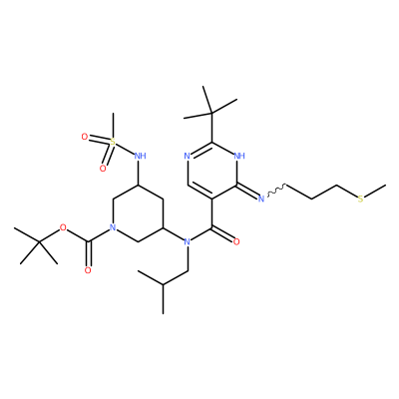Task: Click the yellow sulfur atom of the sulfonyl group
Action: pos(113,142)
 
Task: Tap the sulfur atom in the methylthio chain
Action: pos(361,199)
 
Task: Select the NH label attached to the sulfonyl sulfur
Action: pos(140,156)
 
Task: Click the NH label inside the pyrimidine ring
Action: pos(239,156)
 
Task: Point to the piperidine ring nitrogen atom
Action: pos(113,227)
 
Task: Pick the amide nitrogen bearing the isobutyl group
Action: pos(187,241)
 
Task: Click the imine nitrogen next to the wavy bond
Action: pos(261,199)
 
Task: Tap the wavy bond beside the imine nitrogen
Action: pos(275,190)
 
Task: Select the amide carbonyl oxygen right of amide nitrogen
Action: pos(236,241)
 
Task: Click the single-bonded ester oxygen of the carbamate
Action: pos(63,227)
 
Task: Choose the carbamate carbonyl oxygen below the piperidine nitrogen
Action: pos(88,270)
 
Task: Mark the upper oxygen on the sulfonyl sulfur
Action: pos(85,137)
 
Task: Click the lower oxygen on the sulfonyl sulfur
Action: pos(103,169)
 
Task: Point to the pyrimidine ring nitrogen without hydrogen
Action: pos(187,156)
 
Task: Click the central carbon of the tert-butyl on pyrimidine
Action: pos(211,114)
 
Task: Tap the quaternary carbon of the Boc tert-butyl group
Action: pos(39,242)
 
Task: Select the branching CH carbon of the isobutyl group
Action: pos(163,285)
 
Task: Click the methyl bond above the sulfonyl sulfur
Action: pos(113,125)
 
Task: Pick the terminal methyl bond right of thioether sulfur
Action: pos(375,191)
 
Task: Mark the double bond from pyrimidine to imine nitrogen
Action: pos(247,191)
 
